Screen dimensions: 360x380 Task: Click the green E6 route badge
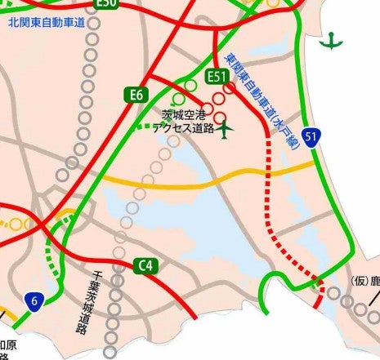(x=137, y=96)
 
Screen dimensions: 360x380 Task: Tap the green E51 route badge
(x=217, y=77)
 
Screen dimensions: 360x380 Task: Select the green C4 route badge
(x=145, y=264)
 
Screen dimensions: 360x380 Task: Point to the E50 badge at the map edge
(x=106, y=4)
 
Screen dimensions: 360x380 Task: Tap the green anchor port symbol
(x=330, y=40)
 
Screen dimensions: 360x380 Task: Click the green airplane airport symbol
(x=226, y=127)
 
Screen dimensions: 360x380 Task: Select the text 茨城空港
(x=185, y=116)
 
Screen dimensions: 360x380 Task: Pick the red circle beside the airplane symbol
(x=218, y=111)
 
